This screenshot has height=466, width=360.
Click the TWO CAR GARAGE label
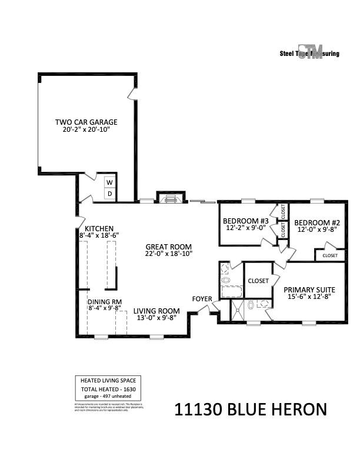pyautogui.click(x=86, y=122)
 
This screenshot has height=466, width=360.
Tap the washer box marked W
pyautogui.click(x=109, y=182)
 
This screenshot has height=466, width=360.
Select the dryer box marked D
pyautogui.click(x=109, y=194)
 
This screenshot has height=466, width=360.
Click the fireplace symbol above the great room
pyautogui.click(x=171, y=199)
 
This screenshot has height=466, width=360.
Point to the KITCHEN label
pyautogui.click(x=99, y=228)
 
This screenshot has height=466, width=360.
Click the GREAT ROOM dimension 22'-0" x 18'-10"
pyautogui.click(x=169, y=254)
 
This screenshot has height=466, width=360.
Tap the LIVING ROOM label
pyautogui.click(x=156, y=311)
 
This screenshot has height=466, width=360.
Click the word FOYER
pyautogui.click(x=202, y=299)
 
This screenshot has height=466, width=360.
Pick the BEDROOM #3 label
pyautogui.click(x=245, y=221)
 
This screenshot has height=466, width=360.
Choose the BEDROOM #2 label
pyautogui.click(x=317, y=222)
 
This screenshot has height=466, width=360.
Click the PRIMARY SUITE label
pyautogui.click(x=309, y=290)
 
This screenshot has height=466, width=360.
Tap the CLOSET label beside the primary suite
pyautogui.click(x=258, y=281)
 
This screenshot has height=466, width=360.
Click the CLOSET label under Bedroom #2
pyautogui.click(x=330, y=255)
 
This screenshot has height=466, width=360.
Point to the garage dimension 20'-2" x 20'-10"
pyautogui.click(x=86, y=129)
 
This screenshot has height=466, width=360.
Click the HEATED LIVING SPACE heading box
pyautogui.click(x=108, y=381)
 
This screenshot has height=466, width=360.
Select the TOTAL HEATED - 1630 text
pyautogui.click(x=108, y=390)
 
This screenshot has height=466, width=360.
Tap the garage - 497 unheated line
pyautogui.click(x=108, y=397)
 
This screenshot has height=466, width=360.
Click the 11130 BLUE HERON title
pyautogui.click(x=250, y=410)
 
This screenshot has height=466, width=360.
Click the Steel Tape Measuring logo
pyautogui.click(x=310, y=52)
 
